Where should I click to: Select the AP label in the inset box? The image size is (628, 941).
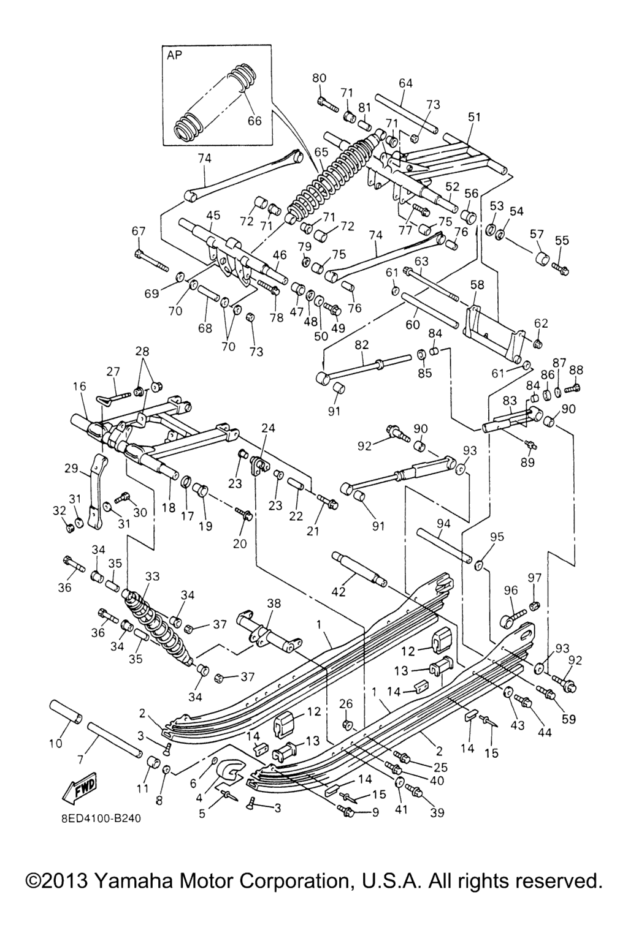tap(175, 55)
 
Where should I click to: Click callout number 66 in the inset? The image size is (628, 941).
tap(255, 121)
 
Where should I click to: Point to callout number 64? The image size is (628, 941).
tap(405, 83)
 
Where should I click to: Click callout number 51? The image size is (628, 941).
tap(475, 117)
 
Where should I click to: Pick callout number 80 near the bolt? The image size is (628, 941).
tap(319, 78)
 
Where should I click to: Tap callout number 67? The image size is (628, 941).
tap(139, 231)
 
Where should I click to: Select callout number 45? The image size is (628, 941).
tap(213, 216)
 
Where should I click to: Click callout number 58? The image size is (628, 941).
tap(477, 285)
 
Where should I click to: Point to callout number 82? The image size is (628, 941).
tap(361, 346)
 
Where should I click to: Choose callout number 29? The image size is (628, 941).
tap(71, 469)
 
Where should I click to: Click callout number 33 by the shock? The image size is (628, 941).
tap(152, 576)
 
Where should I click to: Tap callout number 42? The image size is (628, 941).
tap(339, 591)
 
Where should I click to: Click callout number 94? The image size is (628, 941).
tap(443, 523)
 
